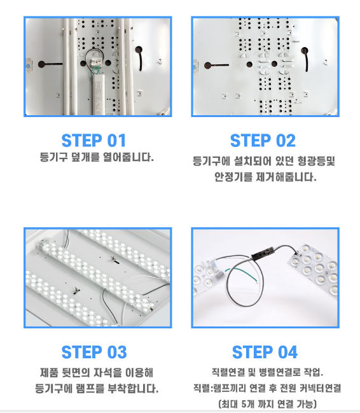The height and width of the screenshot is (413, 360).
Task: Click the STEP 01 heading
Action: (x=93, y=141)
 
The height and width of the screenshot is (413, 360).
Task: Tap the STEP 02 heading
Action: (x=263, y=141)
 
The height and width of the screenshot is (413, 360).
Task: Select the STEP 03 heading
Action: (x=94, y=352)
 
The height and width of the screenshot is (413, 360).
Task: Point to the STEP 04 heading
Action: (x=265, y=352)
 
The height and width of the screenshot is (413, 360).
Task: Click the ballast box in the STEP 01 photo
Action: (x=99, y=94)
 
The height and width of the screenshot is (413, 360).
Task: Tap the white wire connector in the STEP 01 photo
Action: (x=97, y=61)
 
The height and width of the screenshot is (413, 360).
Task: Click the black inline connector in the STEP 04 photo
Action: (x=263, y=253)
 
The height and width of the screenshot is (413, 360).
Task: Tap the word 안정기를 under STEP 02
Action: (x=233, y=177)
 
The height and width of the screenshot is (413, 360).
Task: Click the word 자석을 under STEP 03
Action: (x=107, y=373)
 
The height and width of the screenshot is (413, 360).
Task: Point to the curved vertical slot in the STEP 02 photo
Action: (x=305, y=59)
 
